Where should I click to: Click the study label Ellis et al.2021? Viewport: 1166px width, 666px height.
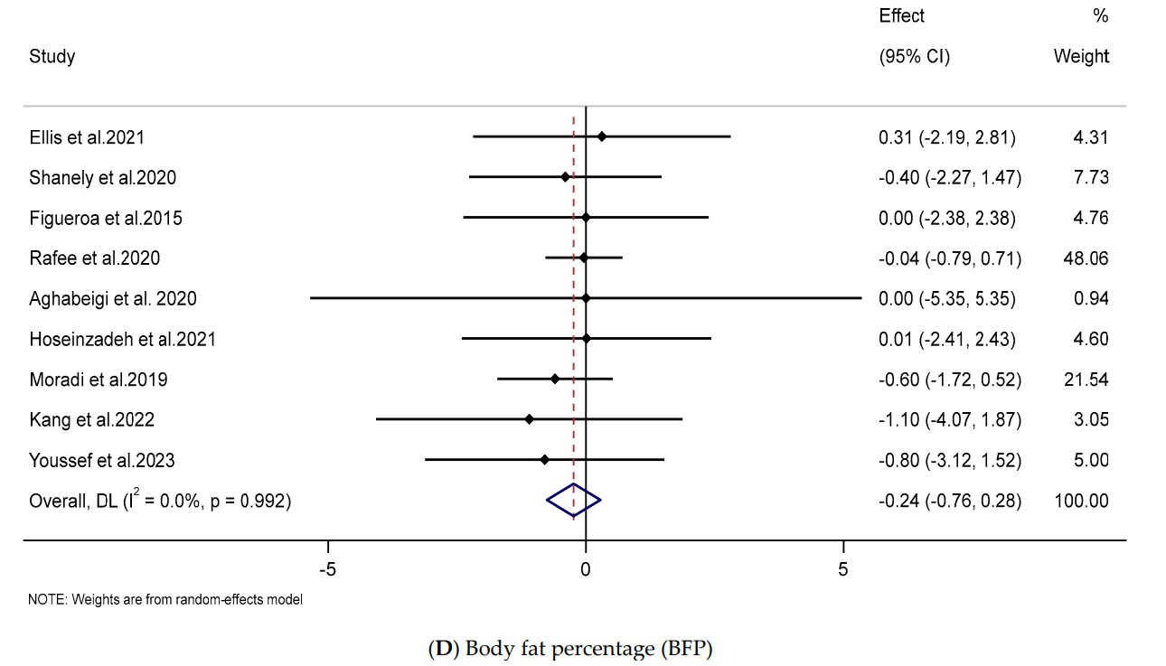click(x=87, y=137)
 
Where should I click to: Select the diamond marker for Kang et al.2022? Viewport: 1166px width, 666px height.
click(x=530, y=419)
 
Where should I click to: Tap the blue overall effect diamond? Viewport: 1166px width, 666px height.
click(x=573, y=500)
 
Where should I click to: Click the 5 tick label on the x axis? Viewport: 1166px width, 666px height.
click(x=843, y=569)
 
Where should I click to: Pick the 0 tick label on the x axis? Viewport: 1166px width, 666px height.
click(x=586, y=569)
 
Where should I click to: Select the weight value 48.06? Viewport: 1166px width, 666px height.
click(x=1086, y=258)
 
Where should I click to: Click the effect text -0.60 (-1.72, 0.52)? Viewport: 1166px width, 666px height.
click(x=950, y=380)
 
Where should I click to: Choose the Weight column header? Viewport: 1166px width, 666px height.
click(x=1081, y=56)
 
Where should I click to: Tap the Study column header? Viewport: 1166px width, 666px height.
click(x=52, y=56)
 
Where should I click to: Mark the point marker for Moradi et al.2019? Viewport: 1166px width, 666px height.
click(x=555, y=379)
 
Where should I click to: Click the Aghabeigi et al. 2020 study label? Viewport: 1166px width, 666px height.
click(x=113, y=298)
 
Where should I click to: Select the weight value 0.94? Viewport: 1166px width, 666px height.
click(x=1091, y=298)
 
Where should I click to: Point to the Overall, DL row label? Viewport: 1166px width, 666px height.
click(x=160, y=500)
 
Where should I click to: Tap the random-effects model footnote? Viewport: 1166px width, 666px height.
click(x=165, y=599)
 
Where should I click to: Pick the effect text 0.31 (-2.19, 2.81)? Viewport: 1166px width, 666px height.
click(x=947, y=137)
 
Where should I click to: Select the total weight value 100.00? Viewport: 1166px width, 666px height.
click(x=1081, y=500)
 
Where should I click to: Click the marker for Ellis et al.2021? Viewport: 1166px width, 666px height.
click(x=602, y=136)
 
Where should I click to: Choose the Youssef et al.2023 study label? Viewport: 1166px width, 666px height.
click(x=102, y=460)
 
